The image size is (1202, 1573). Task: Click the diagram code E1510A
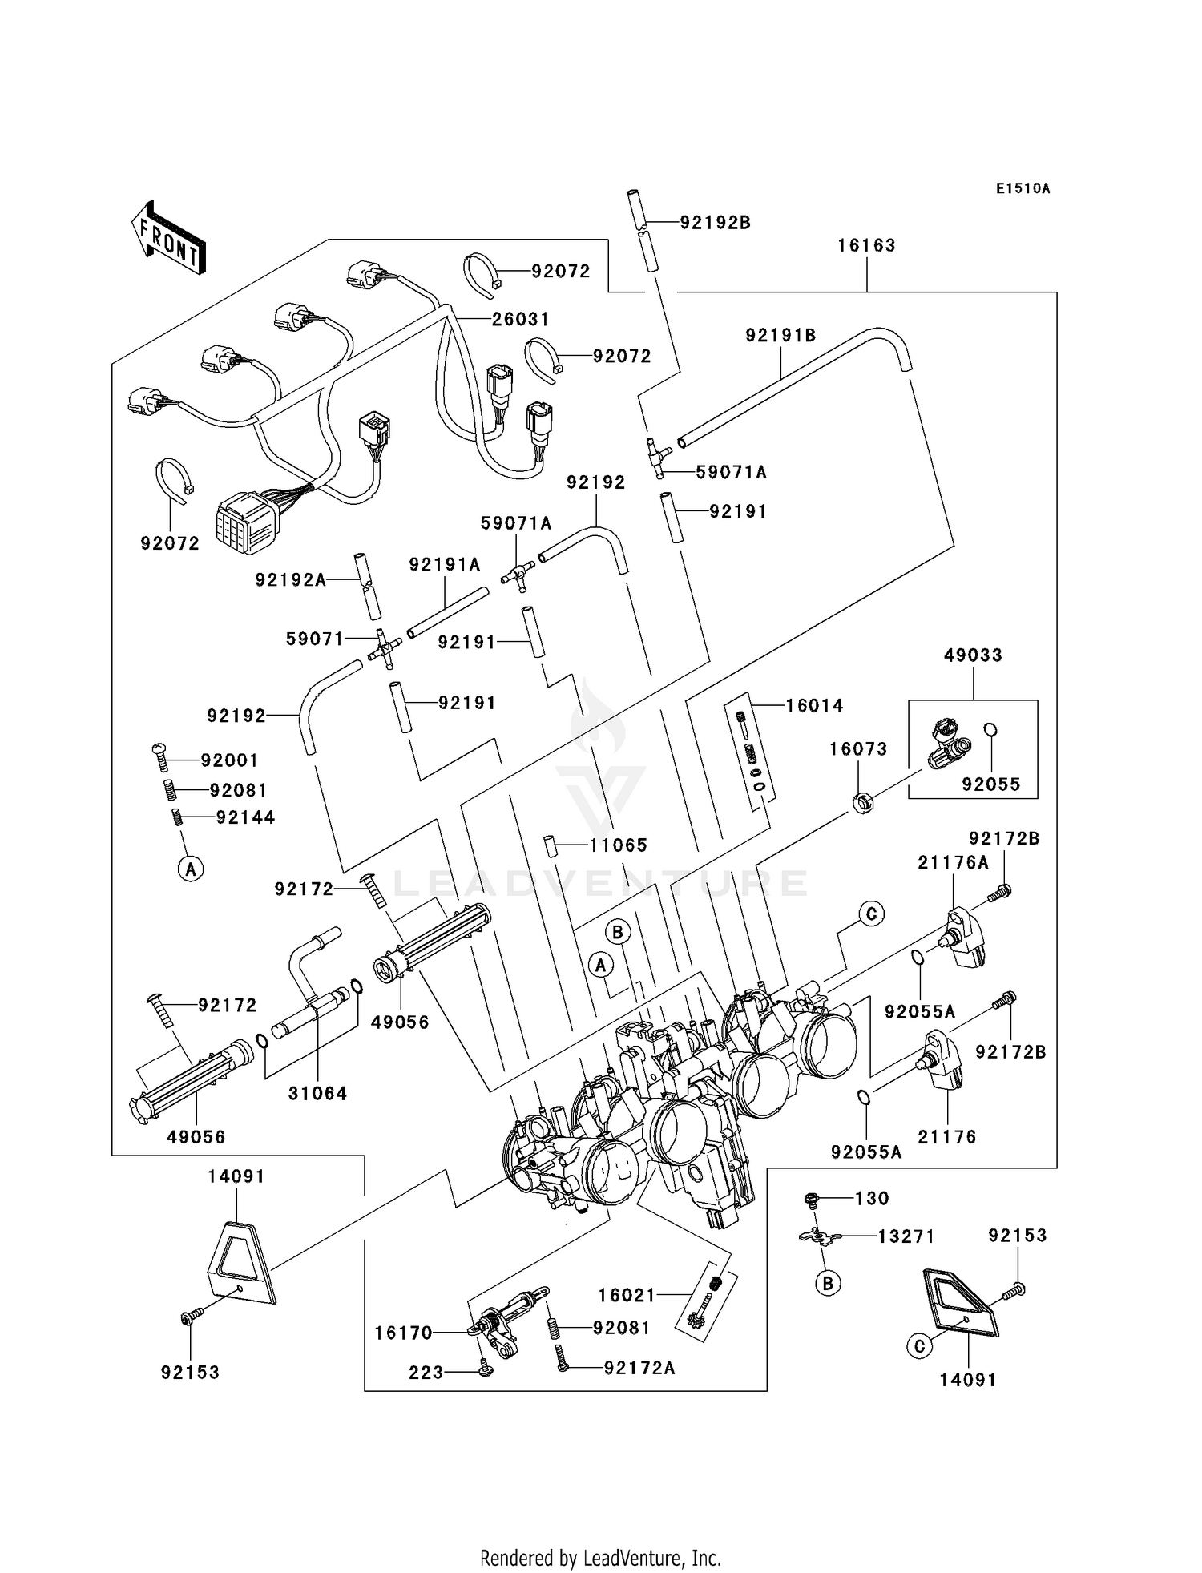pos(1023,189)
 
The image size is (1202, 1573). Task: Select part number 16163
pos(866,246)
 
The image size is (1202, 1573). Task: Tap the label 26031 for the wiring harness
pos(521,319)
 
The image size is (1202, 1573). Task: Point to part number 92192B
pos(715,223)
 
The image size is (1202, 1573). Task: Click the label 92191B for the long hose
pos(780,336)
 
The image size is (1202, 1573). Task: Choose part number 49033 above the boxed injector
pos(973,655)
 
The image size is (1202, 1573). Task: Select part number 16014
pos(814,706)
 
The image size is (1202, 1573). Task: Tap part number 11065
pos(618,845)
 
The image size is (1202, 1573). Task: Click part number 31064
pos(317,1093)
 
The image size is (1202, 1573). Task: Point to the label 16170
pos(403,1333)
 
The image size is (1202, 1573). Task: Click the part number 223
pos(426,1373)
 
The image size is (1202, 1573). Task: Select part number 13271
pos(906,1236)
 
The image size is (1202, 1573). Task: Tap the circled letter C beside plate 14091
pos(919,1346)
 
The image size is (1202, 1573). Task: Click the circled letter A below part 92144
pos(190,868)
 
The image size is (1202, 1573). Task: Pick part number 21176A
pos(953,863)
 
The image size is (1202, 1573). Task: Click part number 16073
pos(857,749)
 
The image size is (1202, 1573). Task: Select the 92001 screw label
pos(229,760)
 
